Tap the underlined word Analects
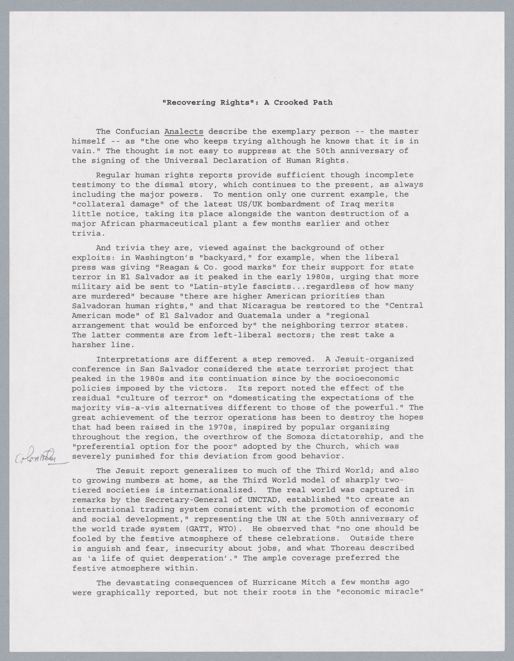[184, 132]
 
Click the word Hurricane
[271, 582]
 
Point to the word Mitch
[310, 582]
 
